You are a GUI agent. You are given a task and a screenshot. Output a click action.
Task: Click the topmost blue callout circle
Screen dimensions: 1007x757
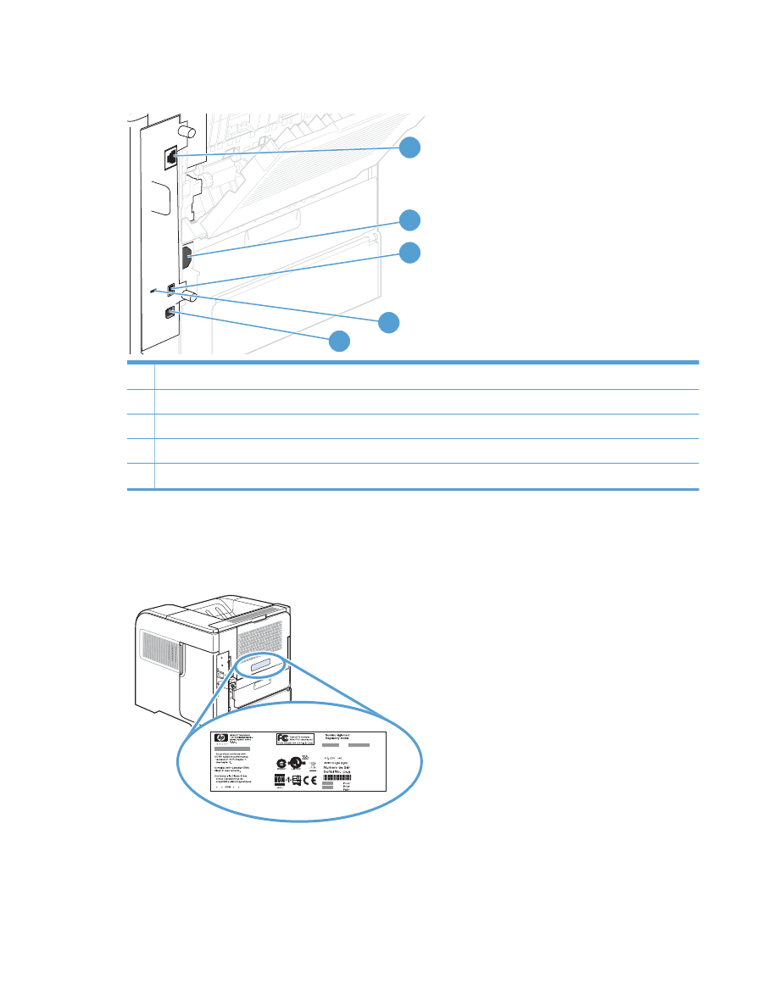pos(409,147)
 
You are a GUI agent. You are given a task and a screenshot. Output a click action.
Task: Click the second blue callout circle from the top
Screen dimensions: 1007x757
pos(409,220)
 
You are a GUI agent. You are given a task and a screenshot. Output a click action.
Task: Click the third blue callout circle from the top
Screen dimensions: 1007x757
pos(409,252)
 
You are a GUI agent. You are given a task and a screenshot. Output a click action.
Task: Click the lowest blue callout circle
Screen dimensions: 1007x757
pos(338,341)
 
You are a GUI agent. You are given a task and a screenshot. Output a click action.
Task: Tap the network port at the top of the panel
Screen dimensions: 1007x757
pos(170,156)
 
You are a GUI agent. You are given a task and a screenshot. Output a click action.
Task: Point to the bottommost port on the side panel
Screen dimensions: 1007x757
pos(170,313)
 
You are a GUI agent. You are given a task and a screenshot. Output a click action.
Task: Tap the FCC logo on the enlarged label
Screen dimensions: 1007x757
pos(284,738)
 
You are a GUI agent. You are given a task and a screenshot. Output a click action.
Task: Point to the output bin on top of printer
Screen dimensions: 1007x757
pos(222,608)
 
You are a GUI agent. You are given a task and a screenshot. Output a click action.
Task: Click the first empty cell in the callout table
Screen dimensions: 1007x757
pos(141,376)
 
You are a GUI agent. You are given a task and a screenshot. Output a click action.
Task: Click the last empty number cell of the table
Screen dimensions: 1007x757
pos(141,476)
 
